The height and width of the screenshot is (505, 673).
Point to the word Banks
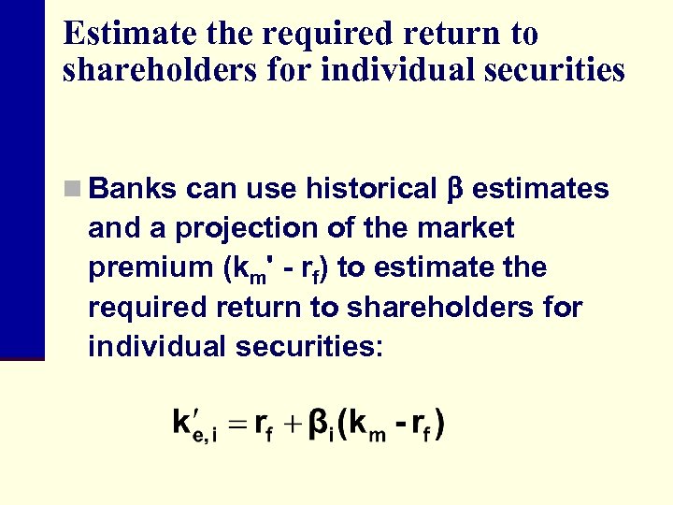pyautogui.click(x=132, y=189)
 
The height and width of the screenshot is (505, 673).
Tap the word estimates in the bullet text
pyautogui.click(x=540, y=189)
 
